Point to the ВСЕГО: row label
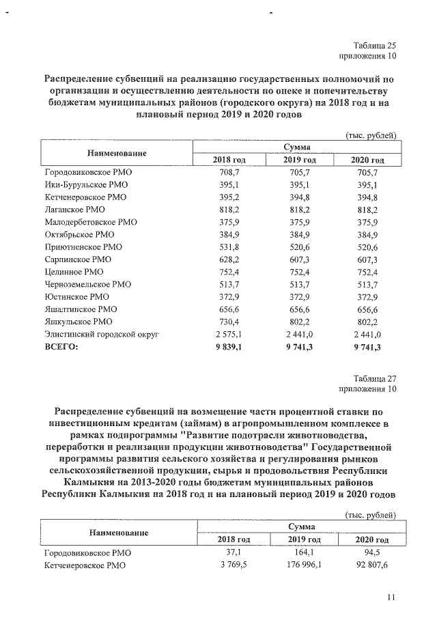coord(61,346)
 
